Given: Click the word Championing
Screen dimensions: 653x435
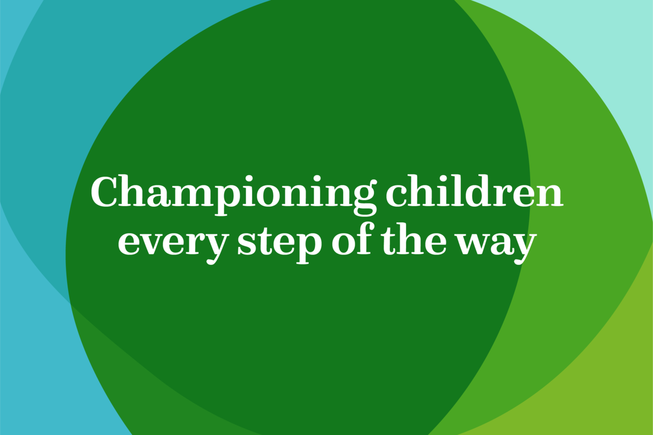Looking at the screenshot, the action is point(234,195).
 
